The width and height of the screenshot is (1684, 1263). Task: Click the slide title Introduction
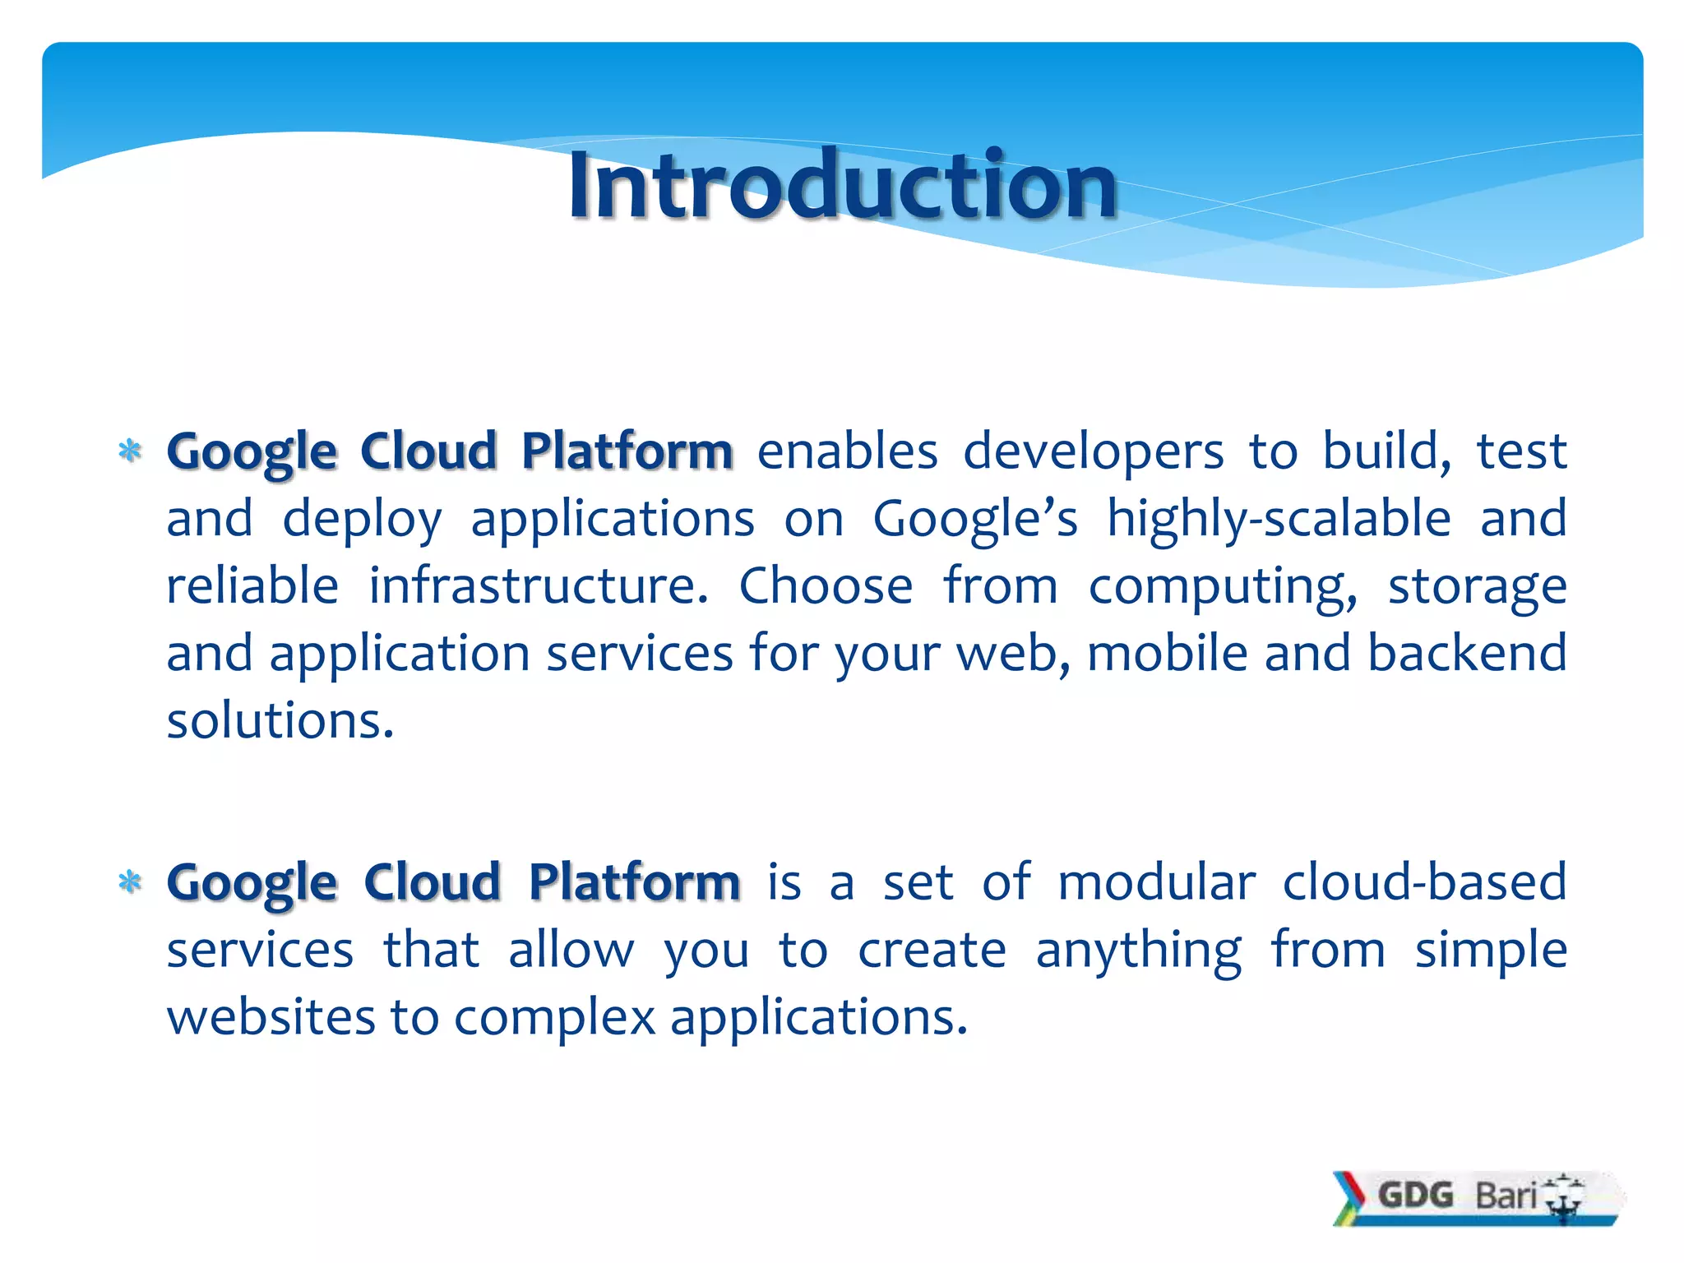tap(842, 186)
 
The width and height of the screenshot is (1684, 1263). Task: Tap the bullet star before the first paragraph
tap(130, 451)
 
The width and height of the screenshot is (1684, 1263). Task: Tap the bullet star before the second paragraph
tap(130, 883)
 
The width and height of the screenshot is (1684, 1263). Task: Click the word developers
tap(1094, 452)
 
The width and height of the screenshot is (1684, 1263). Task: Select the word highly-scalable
tap(1279, 520)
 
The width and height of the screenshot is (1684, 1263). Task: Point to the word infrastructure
tap(539, 586)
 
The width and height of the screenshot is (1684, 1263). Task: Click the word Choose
tap(826, 586)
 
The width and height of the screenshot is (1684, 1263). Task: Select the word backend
tap(1467, 654)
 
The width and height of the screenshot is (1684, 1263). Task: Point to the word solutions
tap(280, 721)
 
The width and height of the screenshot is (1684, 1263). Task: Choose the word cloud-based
tap(1424, 883)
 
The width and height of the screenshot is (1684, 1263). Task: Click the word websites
tap(271, 1018)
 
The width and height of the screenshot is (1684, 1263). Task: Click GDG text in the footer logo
tap(1415, 1195)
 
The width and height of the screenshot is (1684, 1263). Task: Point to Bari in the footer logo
tap(1506, 1195)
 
